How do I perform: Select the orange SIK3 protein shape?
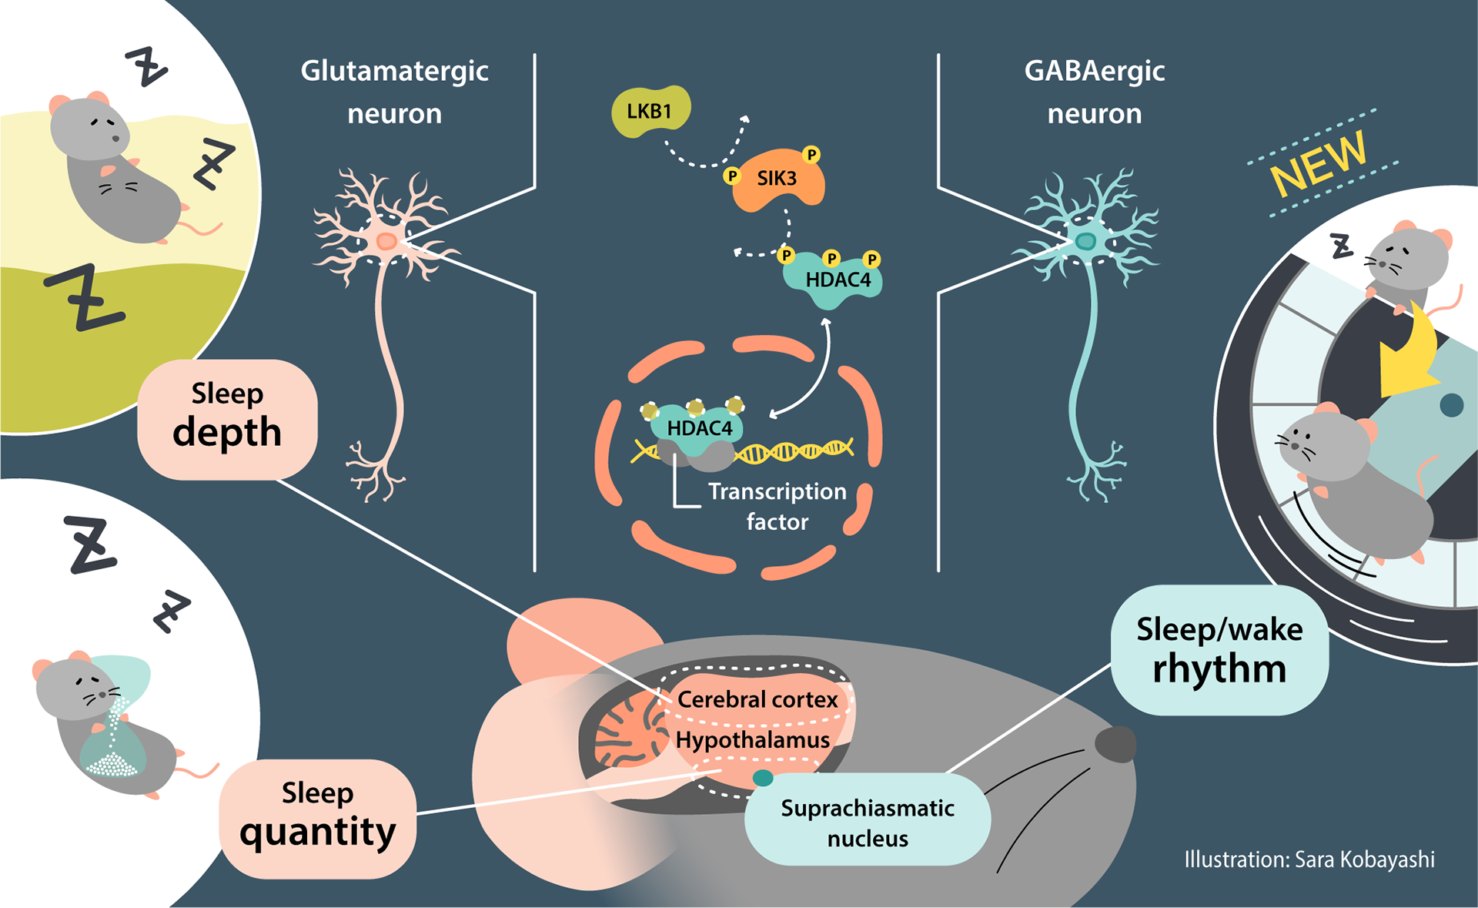click(777, 179)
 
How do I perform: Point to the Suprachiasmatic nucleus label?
click(868, 823)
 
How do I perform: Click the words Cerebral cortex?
click(757, 699)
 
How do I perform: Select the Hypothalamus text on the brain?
click(752, 740)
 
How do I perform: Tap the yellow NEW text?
click(1319, 163)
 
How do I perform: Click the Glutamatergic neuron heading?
click(394, 92)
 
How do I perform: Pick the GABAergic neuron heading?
click(1094, 92)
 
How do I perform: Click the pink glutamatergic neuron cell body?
click(386, 243)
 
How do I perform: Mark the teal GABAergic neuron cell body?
click(1085, 242)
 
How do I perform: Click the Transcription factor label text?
click(777, 506)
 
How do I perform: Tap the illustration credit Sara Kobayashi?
click(1309, 859)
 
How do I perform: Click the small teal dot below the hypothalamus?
click(762, 778)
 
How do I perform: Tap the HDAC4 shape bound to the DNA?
click(698, 427)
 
